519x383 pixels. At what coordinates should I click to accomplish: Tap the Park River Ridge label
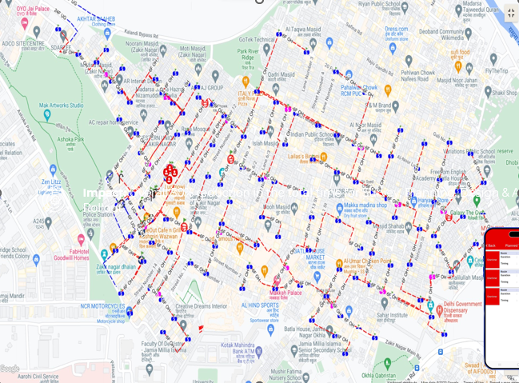(248, 55)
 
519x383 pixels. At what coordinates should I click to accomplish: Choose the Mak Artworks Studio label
(61, 106)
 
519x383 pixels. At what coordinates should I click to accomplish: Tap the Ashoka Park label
(71, 142)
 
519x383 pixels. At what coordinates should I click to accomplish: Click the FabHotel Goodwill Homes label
(72, 253)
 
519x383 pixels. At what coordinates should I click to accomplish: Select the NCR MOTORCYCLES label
(102, 308)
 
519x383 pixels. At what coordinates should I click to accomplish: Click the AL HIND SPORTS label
(259, 305)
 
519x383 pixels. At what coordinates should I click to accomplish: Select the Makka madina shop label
(365, 205)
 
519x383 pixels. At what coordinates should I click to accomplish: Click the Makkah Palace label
(285, 293)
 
